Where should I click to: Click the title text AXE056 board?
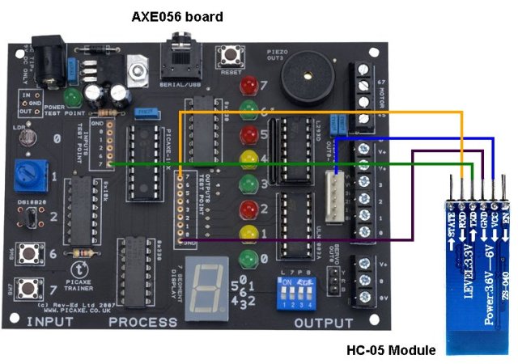(177, 16)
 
